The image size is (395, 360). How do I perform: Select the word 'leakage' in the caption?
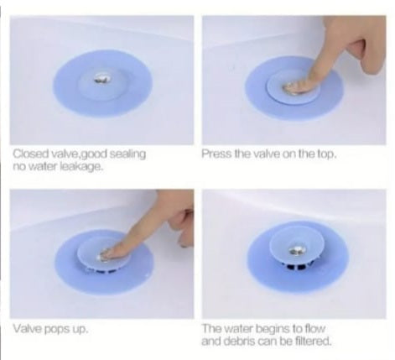(86, 166)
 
